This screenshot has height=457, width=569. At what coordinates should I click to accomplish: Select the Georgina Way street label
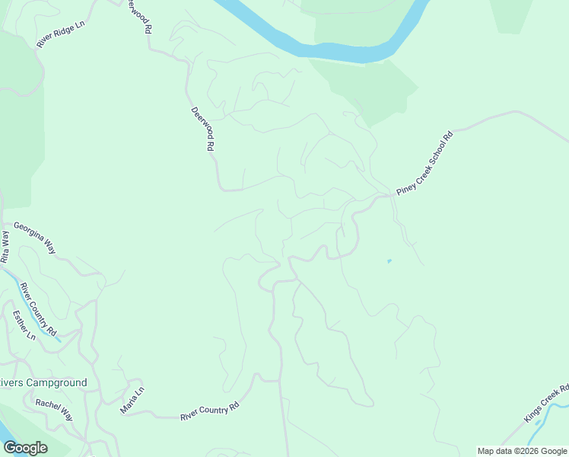[35, 237]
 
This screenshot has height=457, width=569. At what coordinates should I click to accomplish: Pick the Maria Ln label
[132, 401]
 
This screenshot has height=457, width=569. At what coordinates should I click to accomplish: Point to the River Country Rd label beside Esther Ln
[39, 309]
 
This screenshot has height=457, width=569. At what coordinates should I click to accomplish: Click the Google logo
[25, 447]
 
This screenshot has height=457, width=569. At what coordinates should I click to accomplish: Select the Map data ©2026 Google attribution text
[522, 451]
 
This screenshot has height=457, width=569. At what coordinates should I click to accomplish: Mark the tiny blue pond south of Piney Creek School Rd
[389, 261]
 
